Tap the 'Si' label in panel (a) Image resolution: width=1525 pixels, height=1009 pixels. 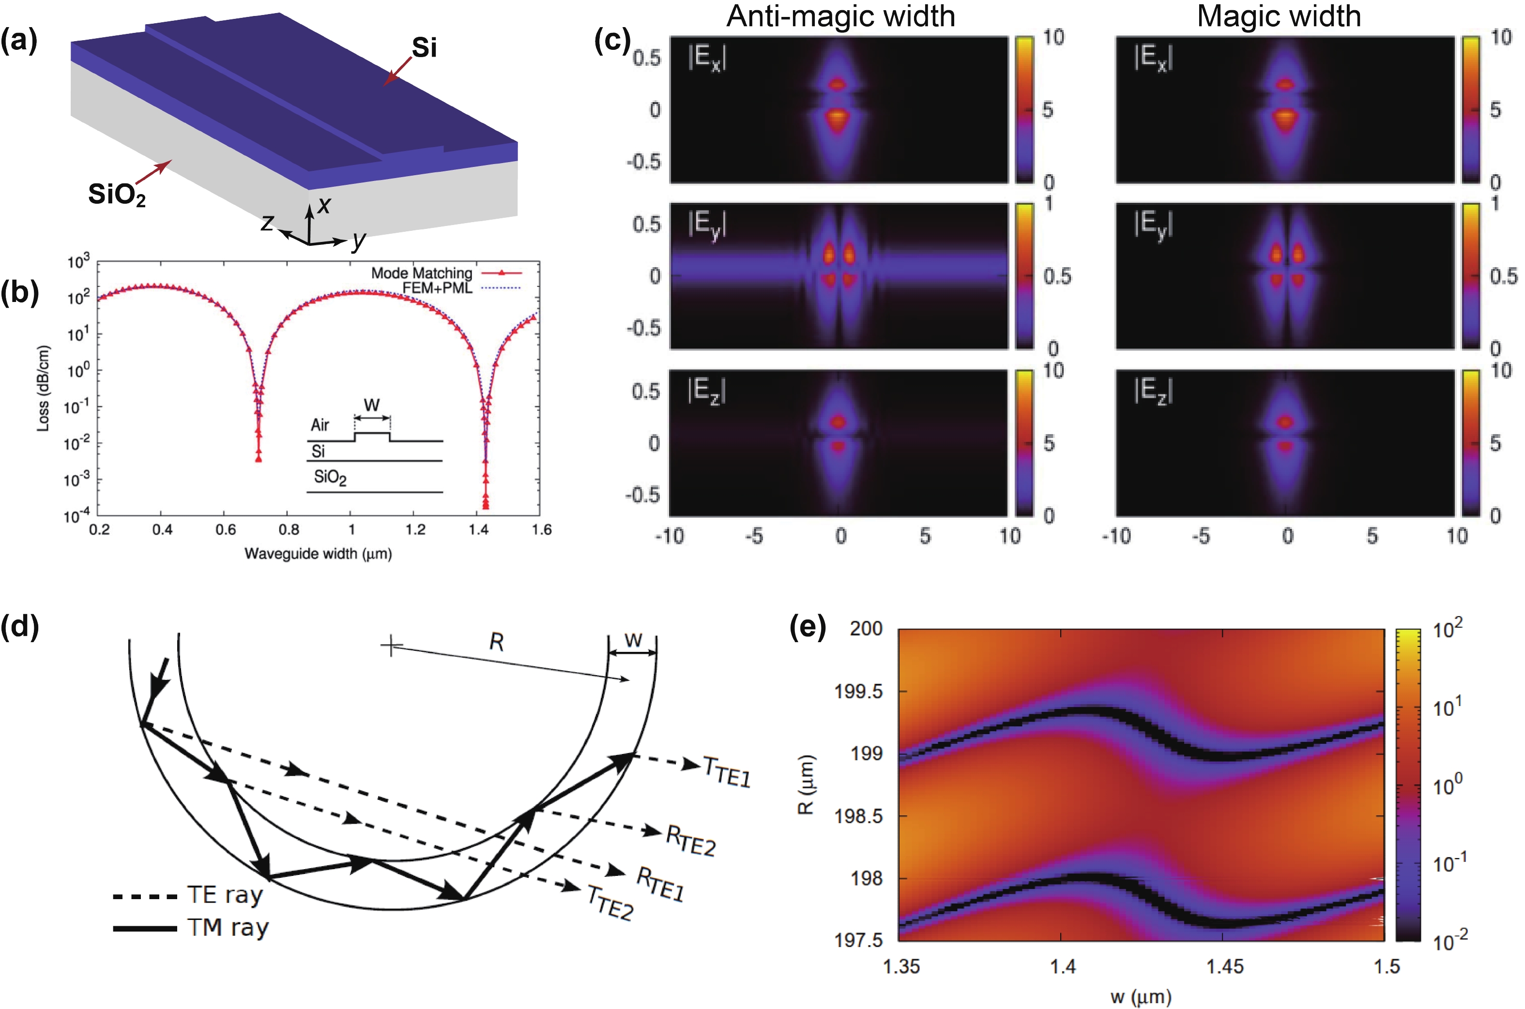(424, 47)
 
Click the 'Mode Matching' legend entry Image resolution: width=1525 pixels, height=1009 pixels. (422, 273)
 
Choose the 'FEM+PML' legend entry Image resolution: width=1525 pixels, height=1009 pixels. (437, 287)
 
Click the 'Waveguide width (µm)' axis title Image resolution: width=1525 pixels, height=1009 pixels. (318, 554)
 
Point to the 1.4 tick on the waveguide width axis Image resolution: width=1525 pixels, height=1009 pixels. (478, 529)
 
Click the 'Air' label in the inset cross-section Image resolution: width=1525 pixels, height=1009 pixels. (320, 425)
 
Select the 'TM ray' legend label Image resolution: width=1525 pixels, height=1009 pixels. (228, 928)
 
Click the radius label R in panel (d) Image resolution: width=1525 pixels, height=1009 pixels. (496, 642)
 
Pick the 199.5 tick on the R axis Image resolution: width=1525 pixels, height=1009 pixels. (859, 692)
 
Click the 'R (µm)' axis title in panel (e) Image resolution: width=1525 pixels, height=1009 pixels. (806, 784)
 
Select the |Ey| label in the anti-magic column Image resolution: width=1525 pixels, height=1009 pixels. (707, 225)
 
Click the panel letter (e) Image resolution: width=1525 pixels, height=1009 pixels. (807, 627)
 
